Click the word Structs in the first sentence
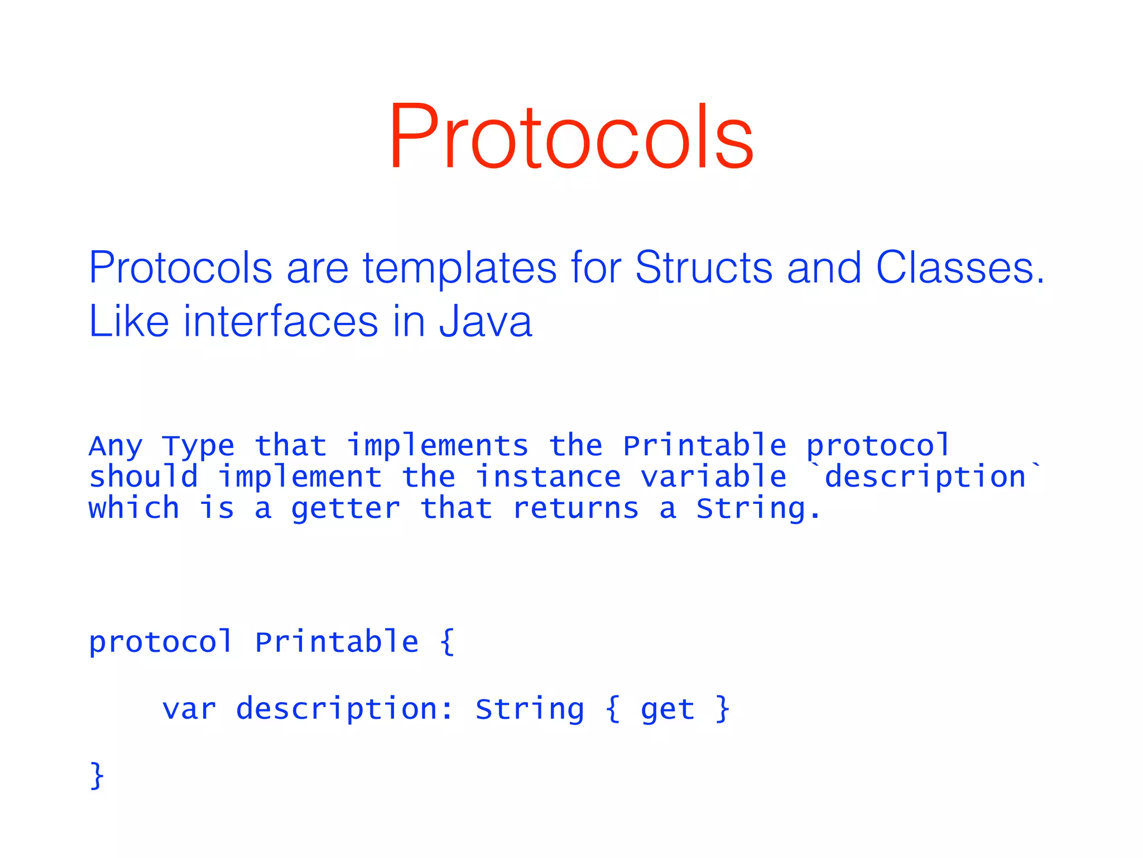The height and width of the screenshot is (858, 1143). pos(704,268)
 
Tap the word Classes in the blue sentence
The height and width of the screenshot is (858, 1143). pos(959,268)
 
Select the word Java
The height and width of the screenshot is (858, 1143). pos(485,322)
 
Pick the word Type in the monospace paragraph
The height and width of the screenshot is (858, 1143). pos(198,446)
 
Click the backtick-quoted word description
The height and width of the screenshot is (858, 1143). pos(925,477)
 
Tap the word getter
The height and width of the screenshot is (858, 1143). pos(345,509)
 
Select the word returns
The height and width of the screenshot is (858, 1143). pos(575,509)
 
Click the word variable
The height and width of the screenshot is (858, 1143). pos(713,477)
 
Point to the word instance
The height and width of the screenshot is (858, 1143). pos(548,477)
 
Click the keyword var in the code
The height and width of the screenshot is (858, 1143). pos(189,709)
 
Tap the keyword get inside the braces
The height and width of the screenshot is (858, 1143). pos(667,710)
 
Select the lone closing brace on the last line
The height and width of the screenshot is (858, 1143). pos(97,775)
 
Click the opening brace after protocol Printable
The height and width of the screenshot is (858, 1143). pos(447,641)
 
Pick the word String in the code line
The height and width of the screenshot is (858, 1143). pos(530,709)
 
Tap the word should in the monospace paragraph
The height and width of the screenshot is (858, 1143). pos(143,477)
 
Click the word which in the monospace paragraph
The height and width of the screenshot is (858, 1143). pos(134,509)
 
